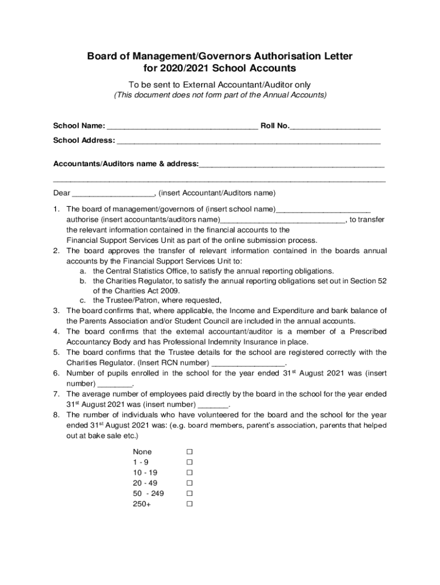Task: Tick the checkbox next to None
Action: [x=189, y=452]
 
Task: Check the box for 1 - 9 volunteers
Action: [x=189, y=462]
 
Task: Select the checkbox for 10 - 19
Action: [x=189, y=472]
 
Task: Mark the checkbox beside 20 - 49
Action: [x=189, y=483]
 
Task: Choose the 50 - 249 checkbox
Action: [x=189, y=494]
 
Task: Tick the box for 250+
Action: [x=189, y=504]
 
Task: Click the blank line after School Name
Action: [x=182, y=126]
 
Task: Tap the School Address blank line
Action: [x=249, y=141]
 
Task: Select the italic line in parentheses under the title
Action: [x=220, y=95]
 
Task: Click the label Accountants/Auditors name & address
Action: [x=126, y=164]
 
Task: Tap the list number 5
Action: [x=57, y=352]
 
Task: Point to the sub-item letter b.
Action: [x=83, y=281]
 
